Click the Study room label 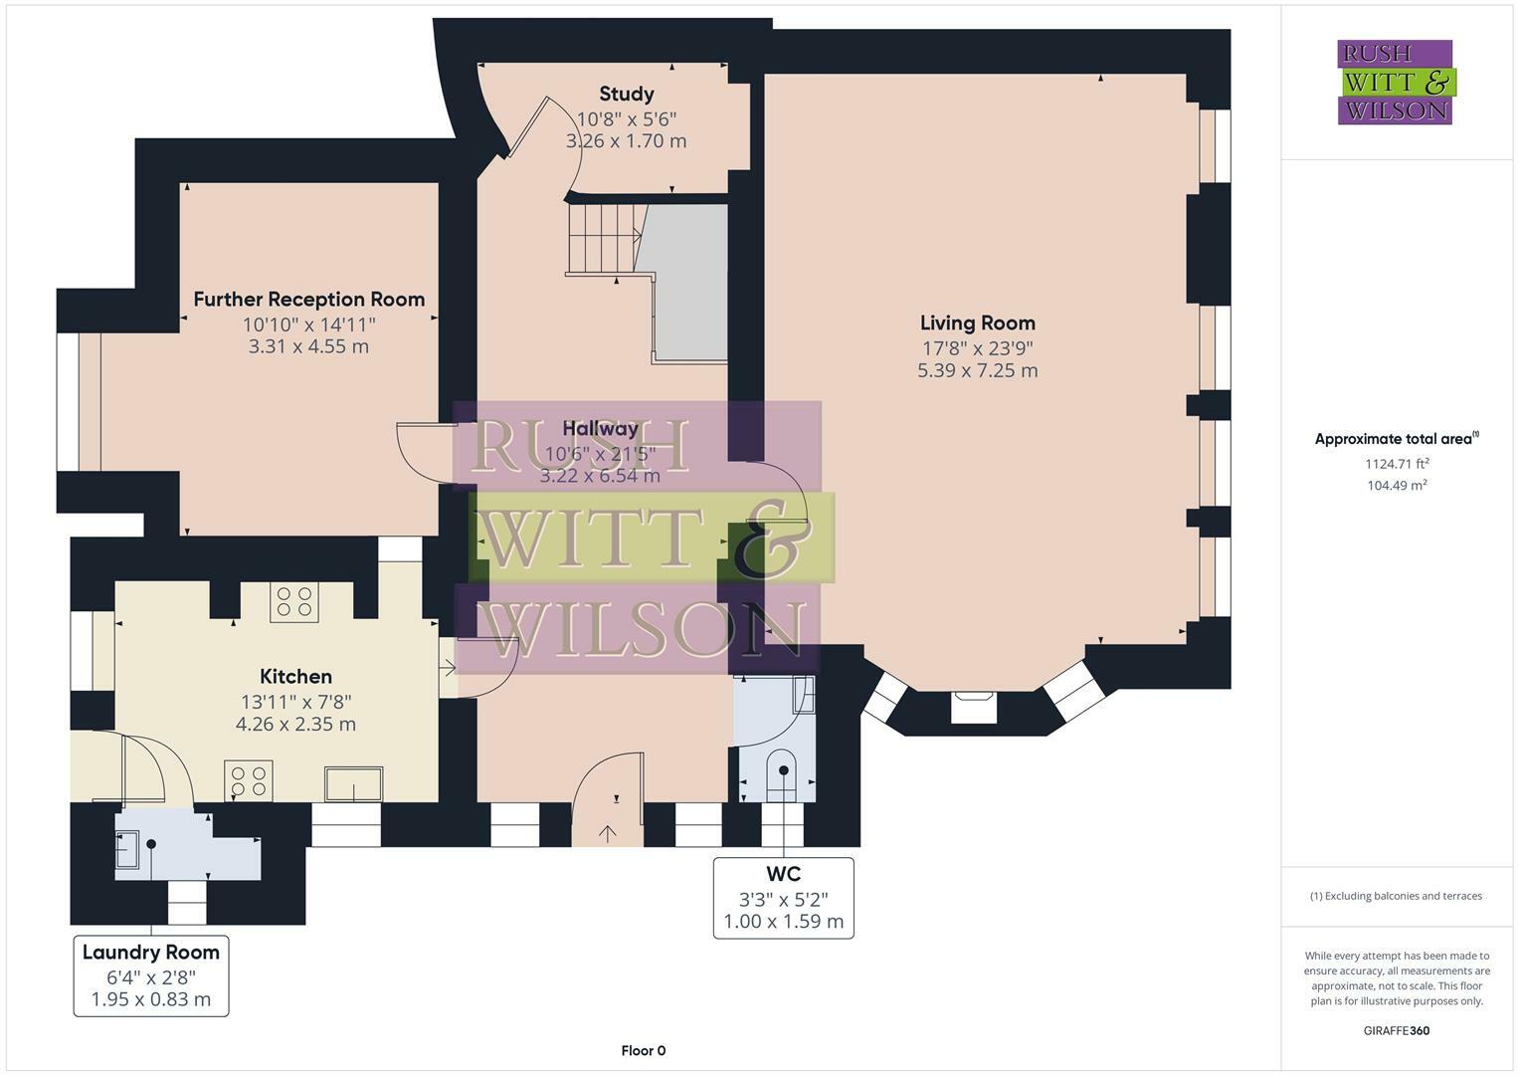point(626,95)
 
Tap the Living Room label point(977,322)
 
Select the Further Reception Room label point(308,300)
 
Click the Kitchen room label point(295,677)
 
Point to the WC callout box point(783,898)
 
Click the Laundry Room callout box point(151,975)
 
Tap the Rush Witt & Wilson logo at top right point(1395,83)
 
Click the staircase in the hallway point(603,239)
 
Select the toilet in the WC point(783,774)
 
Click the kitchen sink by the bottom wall point(353,783)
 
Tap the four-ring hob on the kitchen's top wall point(294,603)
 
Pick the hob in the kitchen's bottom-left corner point(249,780)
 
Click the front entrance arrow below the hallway point(607,832)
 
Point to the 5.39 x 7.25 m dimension point(977,370)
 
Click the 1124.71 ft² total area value point(1397,463)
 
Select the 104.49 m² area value point(1397,486)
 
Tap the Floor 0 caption point(643,1051)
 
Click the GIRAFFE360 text point(1396,1031)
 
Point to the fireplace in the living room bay point(973,707)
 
